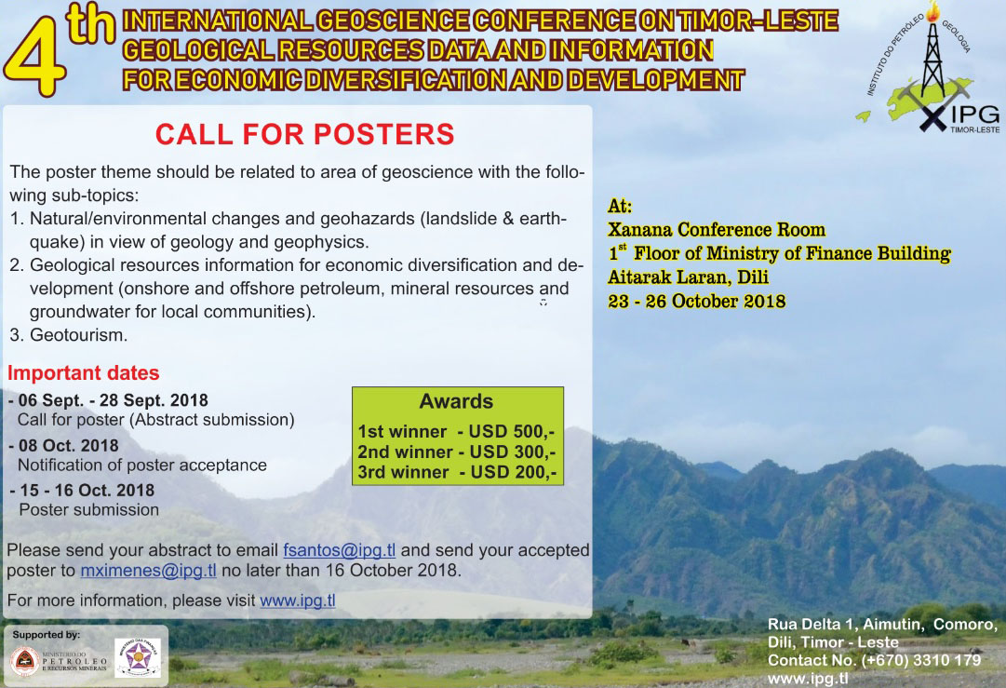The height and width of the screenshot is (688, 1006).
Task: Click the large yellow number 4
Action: pyautogui.click(x=35, y=61)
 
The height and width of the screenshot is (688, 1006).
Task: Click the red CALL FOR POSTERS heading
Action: pyautogui.click(x=304, y=135)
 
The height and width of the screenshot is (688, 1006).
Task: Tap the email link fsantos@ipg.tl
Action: pyautogui.click(x=340, y=550)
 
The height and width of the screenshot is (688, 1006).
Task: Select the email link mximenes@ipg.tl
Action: pyautogui.click(x=148, y=571)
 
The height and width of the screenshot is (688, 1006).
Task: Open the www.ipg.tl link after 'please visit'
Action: pyautogui.click(x=298, y=600)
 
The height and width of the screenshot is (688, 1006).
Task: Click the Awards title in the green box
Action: pyautogui.click(x=456, y=402)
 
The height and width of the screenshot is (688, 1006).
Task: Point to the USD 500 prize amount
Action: pyautogui.click(x=511, y=431)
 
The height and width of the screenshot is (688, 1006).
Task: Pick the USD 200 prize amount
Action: pyautogui.click(x=514, y=472)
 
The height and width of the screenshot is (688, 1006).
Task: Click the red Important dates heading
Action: pyautogui.click(x=84, y=373)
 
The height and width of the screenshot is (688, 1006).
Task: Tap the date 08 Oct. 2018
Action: pyautogui.click(x=69, y=445)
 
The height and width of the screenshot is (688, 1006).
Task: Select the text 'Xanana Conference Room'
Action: pyautogui.click(x=717, y=230)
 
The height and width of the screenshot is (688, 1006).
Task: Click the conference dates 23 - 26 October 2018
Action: pyautogui.click(x=697, y=301)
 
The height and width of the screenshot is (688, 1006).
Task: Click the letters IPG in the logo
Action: pyautogui.click(x=975, y=115)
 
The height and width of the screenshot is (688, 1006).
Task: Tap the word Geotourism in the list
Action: pyautogui.click(x=78, y=335)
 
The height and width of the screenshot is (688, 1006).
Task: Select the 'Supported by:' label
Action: pyautogui.click(x=47, y=635)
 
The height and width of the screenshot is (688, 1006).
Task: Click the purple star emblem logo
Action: pyautogui.click(x=138, y=657)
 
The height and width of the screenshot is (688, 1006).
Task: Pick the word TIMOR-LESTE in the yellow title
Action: pyautogui.click(x=758, y=21)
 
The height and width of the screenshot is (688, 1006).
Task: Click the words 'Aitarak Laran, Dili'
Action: pyautogui.click(x=688, y=277)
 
